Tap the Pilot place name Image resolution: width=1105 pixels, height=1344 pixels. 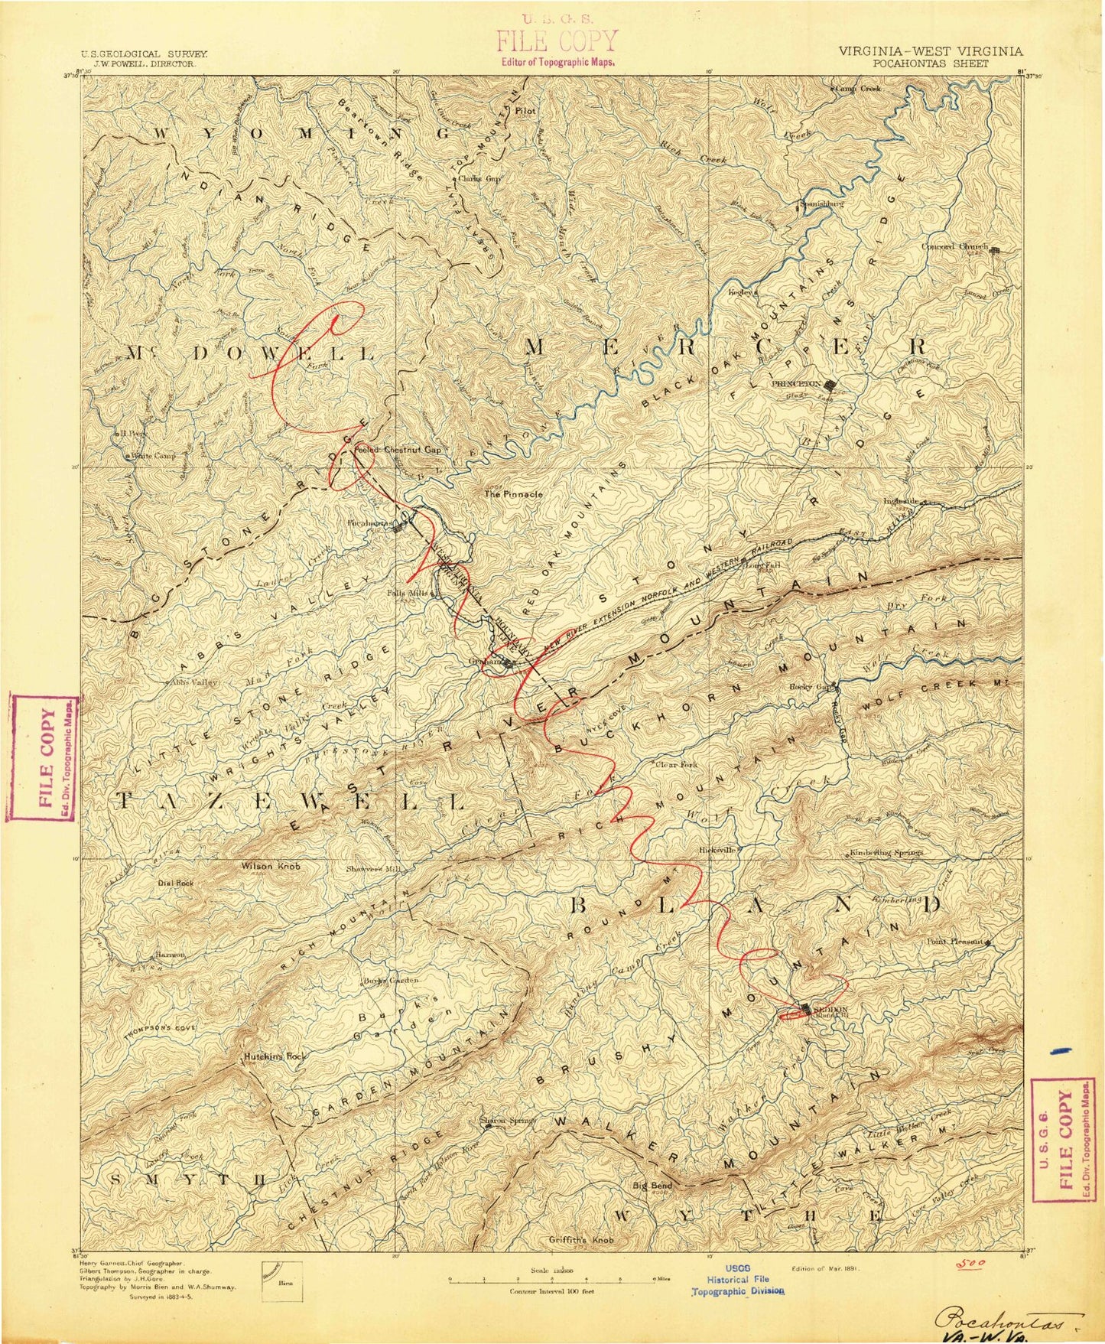click(x=525, y=110)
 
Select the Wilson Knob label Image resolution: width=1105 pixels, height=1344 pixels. click(x=270, y=867)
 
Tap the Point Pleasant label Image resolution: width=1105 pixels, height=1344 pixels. click(x=955, y=942)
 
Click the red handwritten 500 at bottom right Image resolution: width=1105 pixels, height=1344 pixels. click(x=972, y=1262)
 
